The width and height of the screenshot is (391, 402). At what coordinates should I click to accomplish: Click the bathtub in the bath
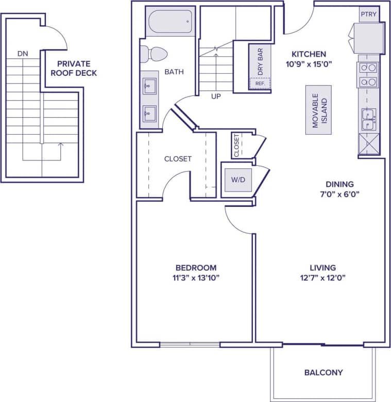pyautogui.click(x=170, y=22)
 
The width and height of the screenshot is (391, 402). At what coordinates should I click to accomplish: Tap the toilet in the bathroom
pyautogui.click(x=154, y=53)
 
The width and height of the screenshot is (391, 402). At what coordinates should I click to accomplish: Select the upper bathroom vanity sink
pyautogui.click(x=149, y=86)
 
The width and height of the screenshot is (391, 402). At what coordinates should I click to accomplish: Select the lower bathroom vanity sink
pyautogui.click(x=149, y=112)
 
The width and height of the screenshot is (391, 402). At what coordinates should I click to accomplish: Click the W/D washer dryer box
pyautogui.click(x=238, y=180)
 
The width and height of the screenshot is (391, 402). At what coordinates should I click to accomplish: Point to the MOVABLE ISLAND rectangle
pyautogui.click(x=318, y=110)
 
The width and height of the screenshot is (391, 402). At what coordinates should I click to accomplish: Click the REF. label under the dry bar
pyautogui.click(x=260, y=83)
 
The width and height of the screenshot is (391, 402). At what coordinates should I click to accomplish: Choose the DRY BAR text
pyautogui.click(x=260, y=61)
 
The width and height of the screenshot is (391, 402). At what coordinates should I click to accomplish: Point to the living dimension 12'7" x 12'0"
pyautogui.click(x=323, y=278)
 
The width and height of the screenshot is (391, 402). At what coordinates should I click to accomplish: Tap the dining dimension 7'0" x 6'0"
pyautogui.click(x=339, y=195)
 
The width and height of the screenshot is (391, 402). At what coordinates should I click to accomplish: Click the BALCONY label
pyautogui.click(x=323, y=372)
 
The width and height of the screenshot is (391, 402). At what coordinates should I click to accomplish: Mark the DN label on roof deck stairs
pyautogui.click(x=23, y=53)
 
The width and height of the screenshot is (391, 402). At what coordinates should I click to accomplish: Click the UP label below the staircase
pyautogui.click(x=216, y=96)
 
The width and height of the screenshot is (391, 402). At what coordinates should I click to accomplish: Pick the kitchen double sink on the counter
pyautogui.click(x=369, y=119)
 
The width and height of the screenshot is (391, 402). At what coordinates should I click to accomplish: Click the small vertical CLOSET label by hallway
pyautogui.click(x=236, y=146)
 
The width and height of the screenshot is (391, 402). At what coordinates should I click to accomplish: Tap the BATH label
pyautogui.click(x=174, y=72)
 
